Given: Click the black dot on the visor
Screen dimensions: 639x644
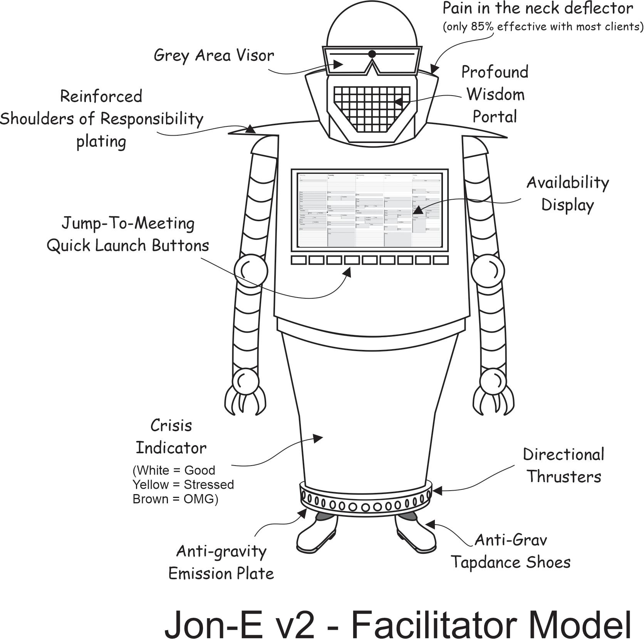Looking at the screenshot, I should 372,54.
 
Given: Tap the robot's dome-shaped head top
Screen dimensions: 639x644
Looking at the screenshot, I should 372,27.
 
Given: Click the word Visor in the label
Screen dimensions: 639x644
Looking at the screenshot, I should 255,55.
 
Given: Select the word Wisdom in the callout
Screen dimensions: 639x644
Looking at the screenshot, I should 495,94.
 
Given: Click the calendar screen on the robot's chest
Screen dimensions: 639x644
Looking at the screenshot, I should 370,210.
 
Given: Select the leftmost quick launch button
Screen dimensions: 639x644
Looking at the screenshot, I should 299,260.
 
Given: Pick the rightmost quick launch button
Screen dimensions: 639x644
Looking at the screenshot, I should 441,260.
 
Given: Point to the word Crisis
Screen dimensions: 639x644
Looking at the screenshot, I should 171,426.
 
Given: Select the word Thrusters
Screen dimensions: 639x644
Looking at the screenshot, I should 564,477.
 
